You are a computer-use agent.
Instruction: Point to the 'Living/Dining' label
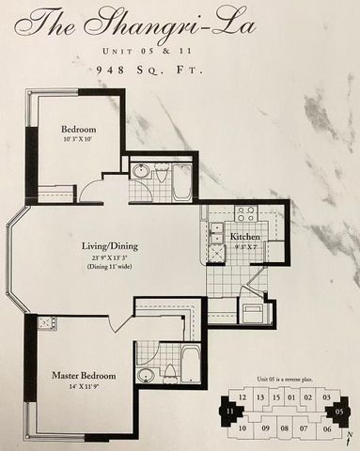109,246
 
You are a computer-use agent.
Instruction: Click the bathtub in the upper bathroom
181,182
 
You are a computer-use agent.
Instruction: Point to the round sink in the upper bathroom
141,171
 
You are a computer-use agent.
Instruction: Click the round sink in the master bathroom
146,375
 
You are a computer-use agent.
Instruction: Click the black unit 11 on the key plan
228,411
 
